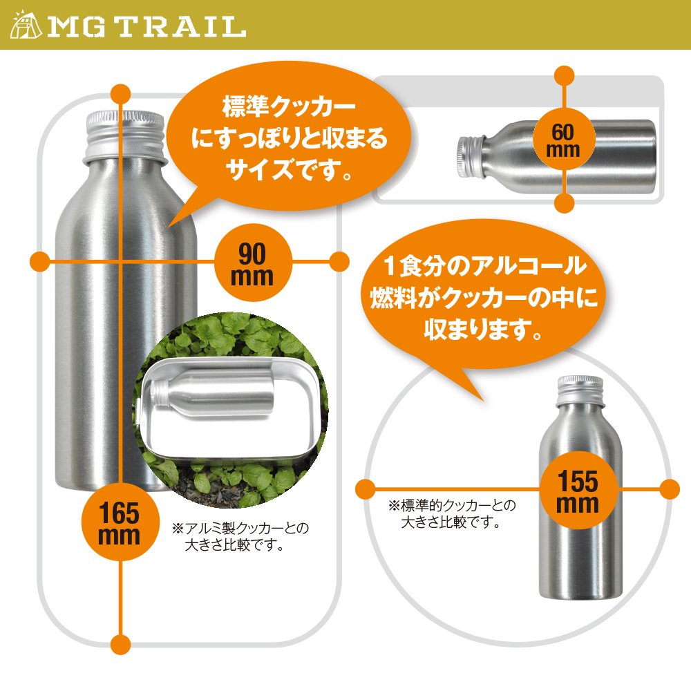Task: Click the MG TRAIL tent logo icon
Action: (26, 25)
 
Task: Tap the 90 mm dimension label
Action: (252, 263)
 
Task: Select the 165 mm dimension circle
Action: (120, 522)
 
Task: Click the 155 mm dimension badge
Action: (578, 490)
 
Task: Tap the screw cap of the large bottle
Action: (125, 133)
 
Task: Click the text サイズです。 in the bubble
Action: (290, 170)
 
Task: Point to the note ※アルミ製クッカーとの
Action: (240, 528)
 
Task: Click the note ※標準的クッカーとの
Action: (452, 505)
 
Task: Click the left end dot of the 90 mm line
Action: (39, 262)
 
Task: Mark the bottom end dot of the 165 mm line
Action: (120, 644)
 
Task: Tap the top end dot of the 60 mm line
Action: (564, 76)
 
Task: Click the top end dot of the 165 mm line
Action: (120, 94)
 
